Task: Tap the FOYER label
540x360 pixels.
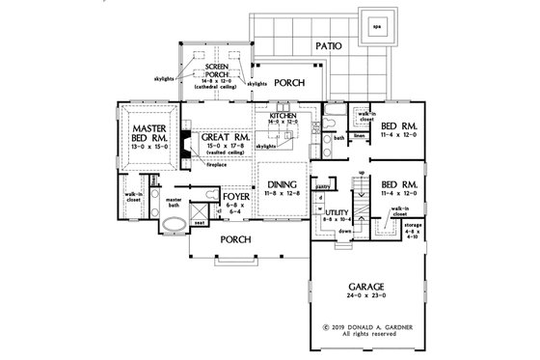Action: click(237, 204)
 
